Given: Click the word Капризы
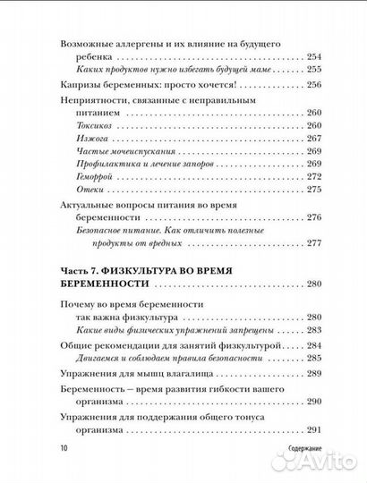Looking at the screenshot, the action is tap(80, 86).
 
